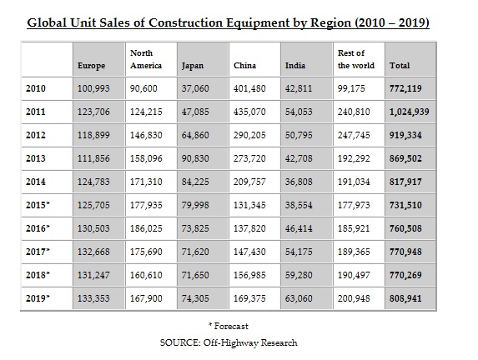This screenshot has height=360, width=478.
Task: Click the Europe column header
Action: click(91, 65)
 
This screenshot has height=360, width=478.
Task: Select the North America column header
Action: click(146, 59)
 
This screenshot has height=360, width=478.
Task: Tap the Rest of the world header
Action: click(355, 59)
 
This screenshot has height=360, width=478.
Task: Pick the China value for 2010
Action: click(250, 87)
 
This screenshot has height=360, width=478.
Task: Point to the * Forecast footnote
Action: click(229, 326)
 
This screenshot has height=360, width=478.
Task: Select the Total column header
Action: click(400, 65)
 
